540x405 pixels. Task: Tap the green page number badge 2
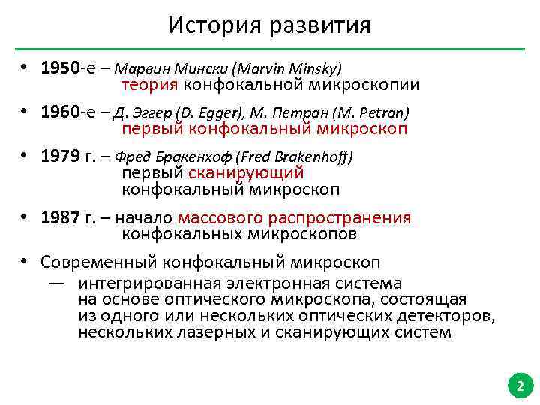click(517, 387)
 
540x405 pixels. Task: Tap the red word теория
click(150, 85)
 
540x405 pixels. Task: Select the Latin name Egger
click(217, 113)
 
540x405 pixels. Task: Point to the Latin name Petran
click(382, 113)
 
